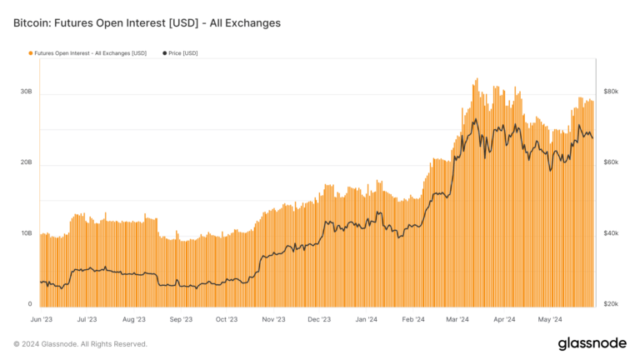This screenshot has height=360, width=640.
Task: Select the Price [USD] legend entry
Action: click(x=179, y=53)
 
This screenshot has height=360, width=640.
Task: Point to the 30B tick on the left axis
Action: click(x=26, y=92)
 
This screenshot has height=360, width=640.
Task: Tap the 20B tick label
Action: click(x=26, y=162)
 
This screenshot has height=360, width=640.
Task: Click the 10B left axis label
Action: click(x=26, y=233)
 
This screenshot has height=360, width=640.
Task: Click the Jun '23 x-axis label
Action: click(x=41, y=318)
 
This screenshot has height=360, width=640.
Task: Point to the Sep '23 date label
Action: click(x=181, y=318)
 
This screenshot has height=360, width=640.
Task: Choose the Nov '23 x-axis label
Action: click(x=273, y=318)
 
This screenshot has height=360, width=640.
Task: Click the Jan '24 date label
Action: click(x=366, y=318)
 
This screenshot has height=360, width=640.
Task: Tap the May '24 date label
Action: click(x=550, y=318)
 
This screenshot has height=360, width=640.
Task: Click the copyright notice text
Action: click(x=80, y=343)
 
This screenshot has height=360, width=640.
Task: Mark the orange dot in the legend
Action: click(x=31, y=53)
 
